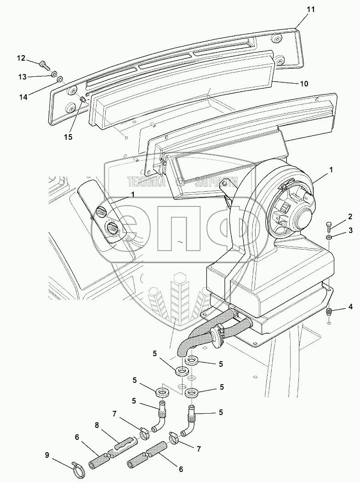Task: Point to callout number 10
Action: pos(304,84)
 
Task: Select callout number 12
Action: pos(22,58)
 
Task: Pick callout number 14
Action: pos(23,97)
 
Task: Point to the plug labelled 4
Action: pos(329,312)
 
